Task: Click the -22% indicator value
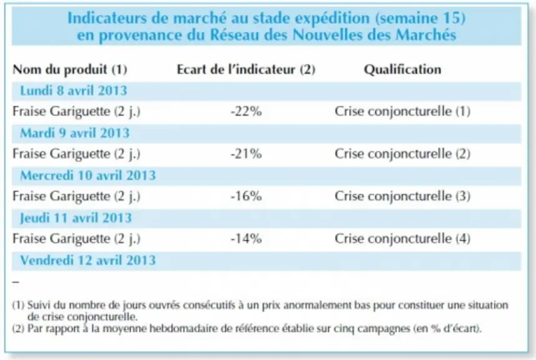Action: click(x=246, y=111)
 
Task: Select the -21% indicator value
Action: click(x=246, y=154)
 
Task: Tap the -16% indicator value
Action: click(x=246, y=196)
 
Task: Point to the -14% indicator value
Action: click(x=246, y=238)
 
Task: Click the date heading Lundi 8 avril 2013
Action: click(x=74, y=91)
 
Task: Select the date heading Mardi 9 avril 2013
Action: click(x=75, y=133)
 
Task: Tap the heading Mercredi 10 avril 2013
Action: click(x=88, y=175)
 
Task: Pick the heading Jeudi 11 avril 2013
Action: click(x=76, y=218)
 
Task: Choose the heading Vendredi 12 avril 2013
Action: click(x=88, y=260)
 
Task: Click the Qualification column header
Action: click(x=402, y=69)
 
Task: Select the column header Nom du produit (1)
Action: click(x=69, y=69)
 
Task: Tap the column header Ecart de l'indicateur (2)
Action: click(x=246, y=69)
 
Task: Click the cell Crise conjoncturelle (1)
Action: click(x=402, y=112)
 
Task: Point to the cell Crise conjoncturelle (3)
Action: click(x=402, y=196)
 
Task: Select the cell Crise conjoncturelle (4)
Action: click(x=402, y=239)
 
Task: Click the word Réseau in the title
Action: click(x=232, y=35)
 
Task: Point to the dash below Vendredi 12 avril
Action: click(x=16, y=282)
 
